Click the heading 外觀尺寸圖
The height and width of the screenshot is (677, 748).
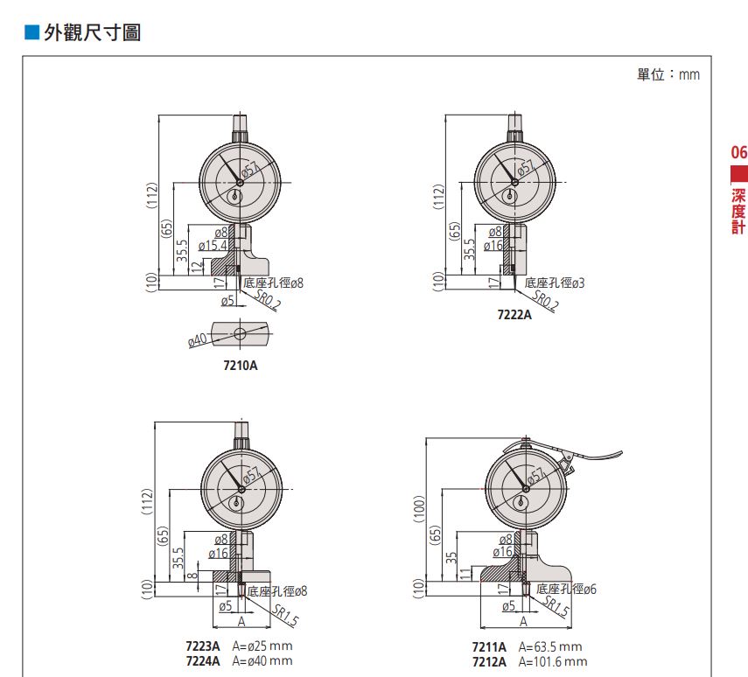coord(92,32)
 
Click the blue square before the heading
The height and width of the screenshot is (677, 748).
coord(31,32)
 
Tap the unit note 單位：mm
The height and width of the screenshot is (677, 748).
coord(668,74)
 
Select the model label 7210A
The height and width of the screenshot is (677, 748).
coord(241,366)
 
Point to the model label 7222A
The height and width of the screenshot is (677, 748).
coord(514,314)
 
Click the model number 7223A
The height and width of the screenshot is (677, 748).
coord(203,646)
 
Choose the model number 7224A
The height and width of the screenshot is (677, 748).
coord(203,661)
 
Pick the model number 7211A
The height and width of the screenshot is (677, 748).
coord(489,647)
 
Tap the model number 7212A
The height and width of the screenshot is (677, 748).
coord(489,662)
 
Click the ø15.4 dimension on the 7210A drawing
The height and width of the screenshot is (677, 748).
coord(213,246)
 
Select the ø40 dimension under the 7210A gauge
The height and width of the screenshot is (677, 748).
coord(198,340)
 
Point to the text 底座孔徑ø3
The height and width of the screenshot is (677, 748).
coord(555,283)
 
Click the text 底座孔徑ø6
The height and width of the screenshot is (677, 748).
coord(566,590)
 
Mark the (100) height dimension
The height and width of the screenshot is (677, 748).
coord(419,508)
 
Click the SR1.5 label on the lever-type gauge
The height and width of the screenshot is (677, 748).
coord(556,606)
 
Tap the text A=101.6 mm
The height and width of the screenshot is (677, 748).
coord(553,662)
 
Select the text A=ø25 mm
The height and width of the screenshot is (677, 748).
coord(262,646)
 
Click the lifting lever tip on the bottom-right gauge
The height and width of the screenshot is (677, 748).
coord(620,453)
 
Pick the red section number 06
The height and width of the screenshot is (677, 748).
coord(739,153)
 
